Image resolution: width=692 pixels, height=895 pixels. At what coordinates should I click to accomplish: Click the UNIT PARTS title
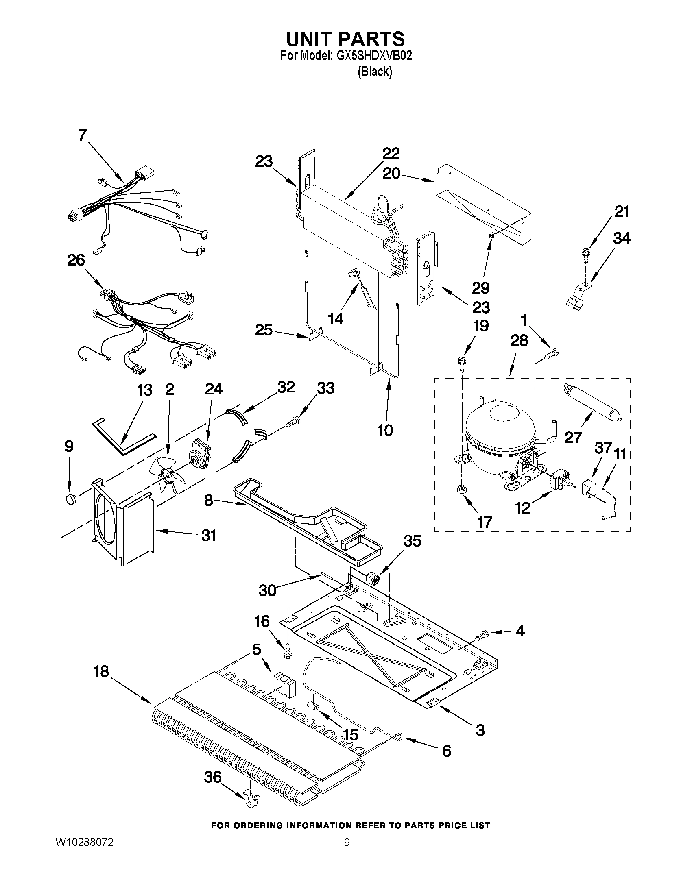tap(345, 39)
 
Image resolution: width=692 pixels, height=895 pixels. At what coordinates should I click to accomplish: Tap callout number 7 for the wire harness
tap(83, 136)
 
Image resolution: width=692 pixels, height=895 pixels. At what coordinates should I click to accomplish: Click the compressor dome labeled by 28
tap(500, 434)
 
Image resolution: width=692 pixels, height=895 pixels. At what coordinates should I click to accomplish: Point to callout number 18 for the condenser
tap(101, 672)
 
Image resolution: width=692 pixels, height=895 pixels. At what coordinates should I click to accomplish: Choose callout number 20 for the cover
tap(391, 174)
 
